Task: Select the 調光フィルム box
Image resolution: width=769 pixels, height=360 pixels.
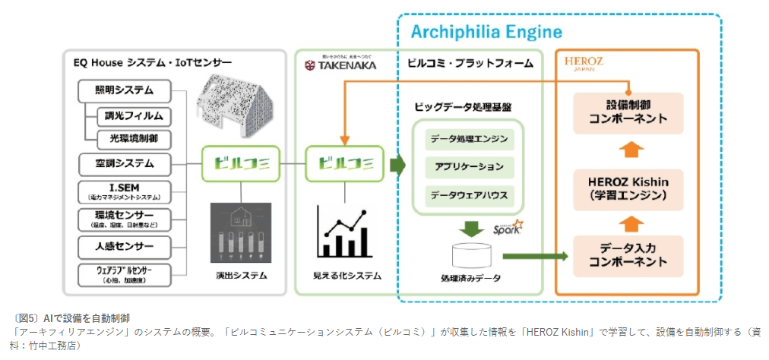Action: (134, 116)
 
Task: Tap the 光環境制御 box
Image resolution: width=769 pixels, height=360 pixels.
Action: (134, 138)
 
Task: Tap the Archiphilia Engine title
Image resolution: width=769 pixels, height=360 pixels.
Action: (486, 32)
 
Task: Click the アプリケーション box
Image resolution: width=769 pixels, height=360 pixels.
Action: (468, 167)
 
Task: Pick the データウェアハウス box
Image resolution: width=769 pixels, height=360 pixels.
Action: (468, 194)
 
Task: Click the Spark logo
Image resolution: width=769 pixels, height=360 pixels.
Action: (507, 229)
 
